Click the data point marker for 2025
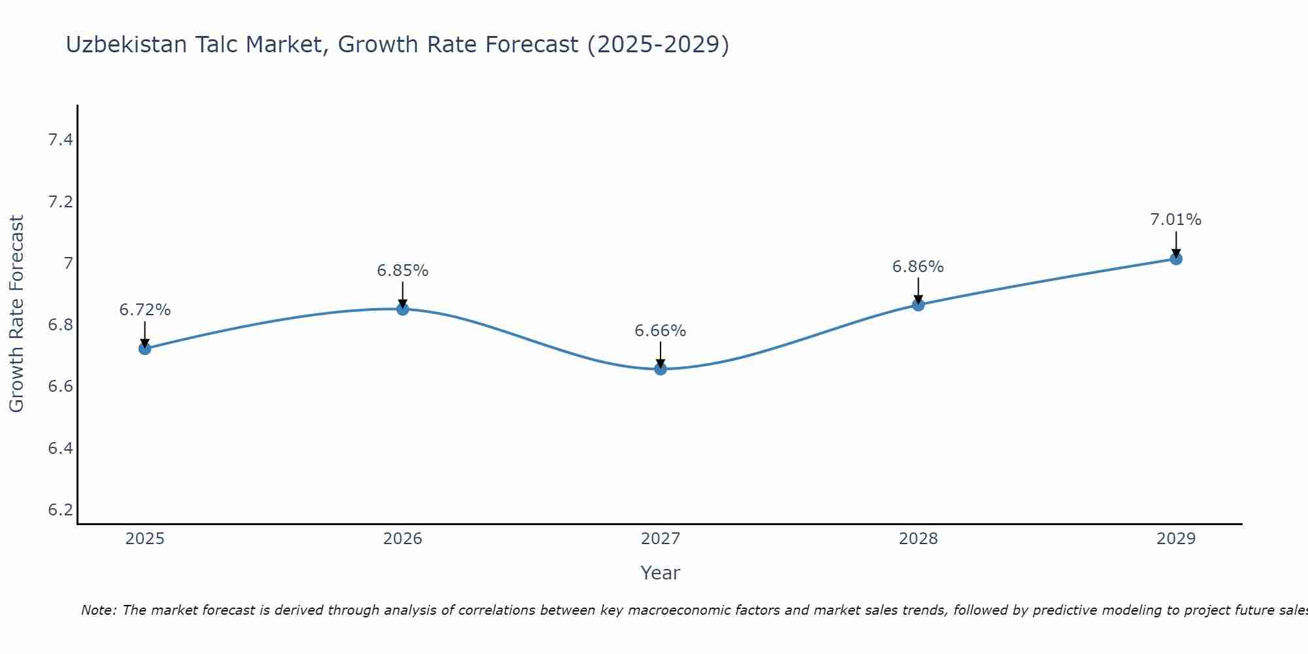pyautogui.click(x=145, y=349)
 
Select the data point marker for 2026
pyautogui.click(x=403, y=309)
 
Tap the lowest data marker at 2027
pyautogui.click(x=661, y=369)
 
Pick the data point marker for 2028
pyautogui.click(x=918, y=305)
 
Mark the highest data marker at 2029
pyautogui.click(x=1176, y=259)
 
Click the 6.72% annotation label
pyautogui.click(x=145, y=310)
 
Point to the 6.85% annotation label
pyautogui.click(x=403, y=271)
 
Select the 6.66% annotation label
pyautogui.click(x=661, y=331)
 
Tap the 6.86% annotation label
pyautogui.click(x=918, y=267)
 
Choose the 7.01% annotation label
pyautogui.click(x=1176, y=220)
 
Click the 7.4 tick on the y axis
pyautogui.click(x=60, y=140)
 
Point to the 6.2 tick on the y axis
pyautogui.click(x=60, y=509)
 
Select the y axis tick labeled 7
pyautogui.click(x=67, y=264)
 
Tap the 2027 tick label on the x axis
pyautogui.click(x=661, y=539)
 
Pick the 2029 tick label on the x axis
pyautogui.click(x=1176, y=539)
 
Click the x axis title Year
pyautogui.click(x=661, y=573)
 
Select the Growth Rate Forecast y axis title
pyautogui.click(x=17, y=314)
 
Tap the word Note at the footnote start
pyautogui.click(x=98, y=610)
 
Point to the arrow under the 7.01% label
pyautogui.click(x=1176, y=243)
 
